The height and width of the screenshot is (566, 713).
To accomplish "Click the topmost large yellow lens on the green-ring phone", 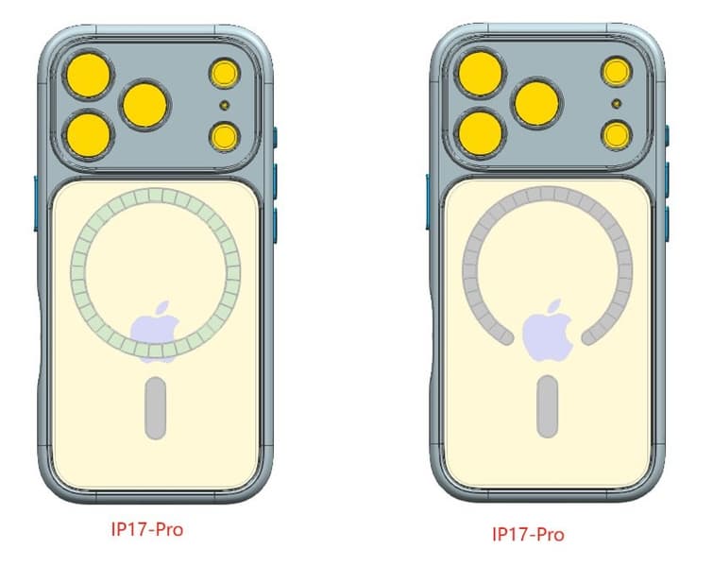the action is [88, 76].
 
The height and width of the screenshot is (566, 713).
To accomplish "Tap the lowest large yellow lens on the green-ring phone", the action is [89, 135].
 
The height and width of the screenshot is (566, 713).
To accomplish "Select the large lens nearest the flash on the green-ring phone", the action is [144, 106].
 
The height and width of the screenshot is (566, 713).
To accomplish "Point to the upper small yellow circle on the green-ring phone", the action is [225, 74].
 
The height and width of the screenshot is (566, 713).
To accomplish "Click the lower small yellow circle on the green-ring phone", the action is [225, 136].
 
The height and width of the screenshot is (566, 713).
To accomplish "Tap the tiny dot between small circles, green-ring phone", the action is [224, 106].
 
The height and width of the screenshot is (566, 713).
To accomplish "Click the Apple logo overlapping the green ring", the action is [155, 332].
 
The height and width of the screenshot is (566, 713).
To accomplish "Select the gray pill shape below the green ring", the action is [156, 408].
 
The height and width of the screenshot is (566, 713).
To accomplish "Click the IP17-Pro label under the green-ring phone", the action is [147, 529].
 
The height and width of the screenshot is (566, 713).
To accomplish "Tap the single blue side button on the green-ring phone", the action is [36, 203].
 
